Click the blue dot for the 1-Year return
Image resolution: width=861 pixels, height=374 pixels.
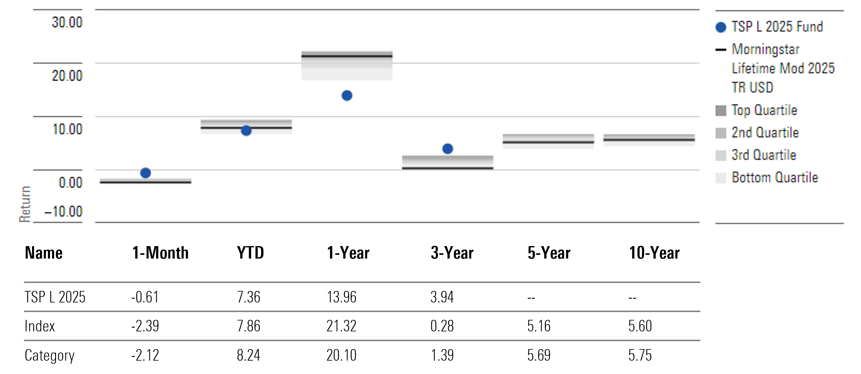coord(347,96)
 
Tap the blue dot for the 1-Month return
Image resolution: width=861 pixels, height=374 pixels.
coord(145,173)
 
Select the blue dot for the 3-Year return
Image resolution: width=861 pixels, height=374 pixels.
coord(447,149)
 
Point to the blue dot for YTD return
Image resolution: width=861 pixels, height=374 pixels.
coord(246,131)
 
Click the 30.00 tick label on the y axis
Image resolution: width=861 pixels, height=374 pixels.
coord(67,22)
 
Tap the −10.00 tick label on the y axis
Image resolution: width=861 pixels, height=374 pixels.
coord(63,212)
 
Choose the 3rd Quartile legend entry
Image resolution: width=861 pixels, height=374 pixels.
coord(764,155)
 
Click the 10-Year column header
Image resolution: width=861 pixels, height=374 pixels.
coord(654,253)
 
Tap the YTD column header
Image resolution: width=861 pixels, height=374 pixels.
coord(250,253)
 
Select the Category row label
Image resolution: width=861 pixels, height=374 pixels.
coord(49,355)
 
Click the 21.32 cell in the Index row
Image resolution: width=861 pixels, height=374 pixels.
coord(341,326)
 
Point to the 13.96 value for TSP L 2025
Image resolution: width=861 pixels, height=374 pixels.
coord(341,297)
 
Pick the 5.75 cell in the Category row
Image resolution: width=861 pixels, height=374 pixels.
coord(640,355)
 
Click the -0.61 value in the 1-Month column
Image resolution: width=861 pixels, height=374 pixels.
coord(145,297)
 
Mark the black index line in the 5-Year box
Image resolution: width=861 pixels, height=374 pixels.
coord(548,143)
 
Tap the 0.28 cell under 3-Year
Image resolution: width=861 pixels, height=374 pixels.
coord(442,326)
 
